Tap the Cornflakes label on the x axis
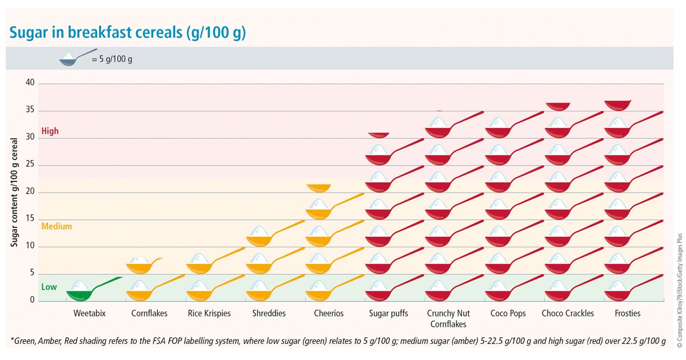149,314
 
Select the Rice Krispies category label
209,314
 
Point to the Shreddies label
269,314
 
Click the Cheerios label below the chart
329,314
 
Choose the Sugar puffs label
388,314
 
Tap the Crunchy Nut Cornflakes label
448,319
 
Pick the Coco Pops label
508,314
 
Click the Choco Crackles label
568,314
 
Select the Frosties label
628,314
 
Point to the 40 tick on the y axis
30,82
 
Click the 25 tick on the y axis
30,164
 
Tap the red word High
50,131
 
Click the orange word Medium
57,226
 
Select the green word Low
49,287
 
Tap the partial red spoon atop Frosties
618,106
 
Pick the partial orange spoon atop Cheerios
318,188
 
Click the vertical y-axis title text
14,192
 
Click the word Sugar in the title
29,33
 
